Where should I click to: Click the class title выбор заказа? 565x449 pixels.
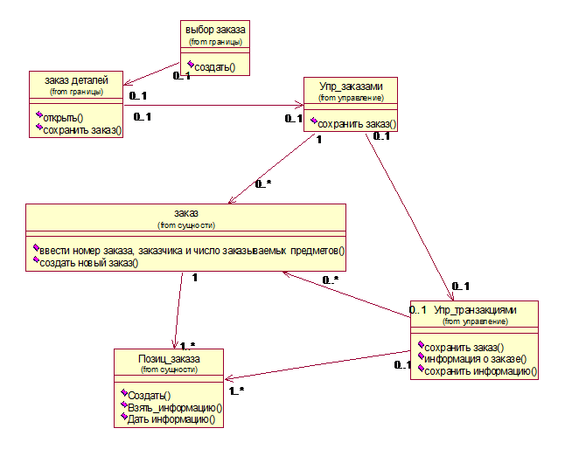tap(216, 30)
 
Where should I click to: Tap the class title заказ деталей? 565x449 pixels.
tap(76, 80)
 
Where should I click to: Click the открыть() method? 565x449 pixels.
tap(63, 117)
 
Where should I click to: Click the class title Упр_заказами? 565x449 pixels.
tap(351, 86)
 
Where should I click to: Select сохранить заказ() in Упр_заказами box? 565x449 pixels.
tap(357, 124)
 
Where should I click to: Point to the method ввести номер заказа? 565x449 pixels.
tap(189, 251)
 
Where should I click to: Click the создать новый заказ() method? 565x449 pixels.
tap(89, 263)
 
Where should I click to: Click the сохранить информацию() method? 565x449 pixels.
tap(480, 370)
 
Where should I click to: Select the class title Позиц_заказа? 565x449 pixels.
tap(169, 359)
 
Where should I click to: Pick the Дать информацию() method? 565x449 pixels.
tap(171, 419)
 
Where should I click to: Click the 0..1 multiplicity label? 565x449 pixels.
tap(420, 310)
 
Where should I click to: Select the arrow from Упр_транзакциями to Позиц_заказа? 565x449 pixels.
tap(319, 366)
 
